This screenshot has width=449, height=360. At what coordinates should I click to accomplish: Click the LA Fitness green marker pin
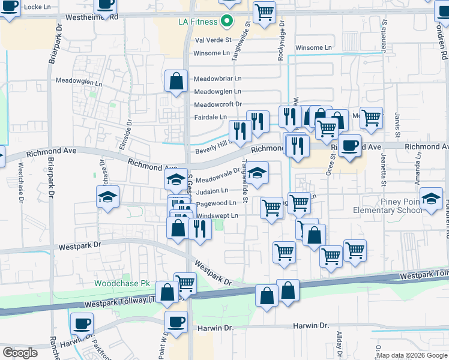coord(226,21)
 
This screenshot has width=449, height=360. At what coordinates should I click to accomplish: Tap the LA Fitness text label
coord(199,22)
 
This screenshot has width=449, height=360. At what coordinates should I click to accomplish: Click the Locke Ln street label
coord(35,7)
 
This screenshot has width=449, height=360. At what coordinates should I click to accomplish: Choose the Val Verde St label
coord(213,40)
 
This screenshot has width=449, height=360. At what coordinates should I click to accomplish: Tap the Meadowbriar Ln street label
coord(217,79)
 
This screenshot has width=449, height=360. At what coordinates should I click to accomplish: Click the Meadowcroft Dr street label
coord(217,104)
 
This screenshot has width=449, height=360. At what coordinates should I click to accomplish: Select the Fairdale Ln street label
coord(210,116)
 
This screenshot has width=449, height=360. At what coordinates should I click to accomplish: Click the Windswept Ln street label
coord(217,215)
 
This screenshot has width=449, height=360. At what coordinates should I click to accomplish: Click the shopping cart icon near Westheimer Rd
coord(264,12)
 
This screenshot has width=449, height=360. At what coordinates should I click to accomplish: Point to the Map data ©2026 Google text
coord(412,355)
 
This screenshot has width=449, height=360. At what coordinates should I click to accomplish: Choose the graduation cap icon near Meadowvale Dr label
coord(176,179)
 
